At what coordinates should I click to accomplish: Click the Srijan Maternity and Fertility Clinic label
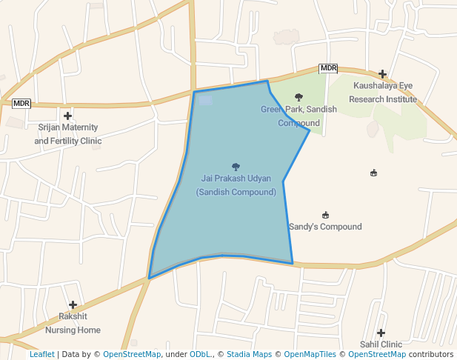(67, 133)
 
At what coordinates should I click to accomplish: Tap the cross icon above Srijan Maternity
(67, 116)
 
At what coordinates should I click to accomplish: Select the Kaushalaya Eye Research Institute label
(383, 93)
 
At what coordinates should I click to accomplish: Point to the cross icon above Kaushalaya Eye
(382, 74)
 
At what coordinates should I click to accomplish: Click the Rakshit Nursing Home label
(73, 324)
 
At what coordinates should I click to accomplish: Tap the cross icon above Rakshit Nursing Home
(73, 304)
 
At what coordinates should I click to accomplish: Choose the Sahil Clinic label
(381, 344)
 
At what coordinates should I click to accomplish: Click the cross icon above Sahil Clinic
(381, 333)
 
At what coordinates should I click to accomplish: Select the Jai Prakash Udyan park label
(236, 185)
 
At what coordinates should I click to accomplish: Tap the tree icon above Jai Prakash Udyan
(236, 167)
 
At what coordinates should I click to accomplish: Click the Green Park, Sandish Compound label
(298, 116)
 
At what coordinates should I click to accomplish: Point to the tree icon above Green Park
(298, 97)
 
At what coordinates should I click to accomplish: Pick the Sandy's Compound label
(325, 227)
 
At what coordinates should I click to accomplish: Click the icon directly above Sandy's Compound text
(325, 215)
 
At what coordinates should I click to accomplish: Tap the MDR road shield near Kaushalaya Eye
(328, 68)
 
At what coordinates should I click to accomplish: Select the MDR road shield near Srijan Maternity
(21, 104)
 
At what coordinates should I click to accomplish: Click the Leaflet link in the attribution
(42, 354)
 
